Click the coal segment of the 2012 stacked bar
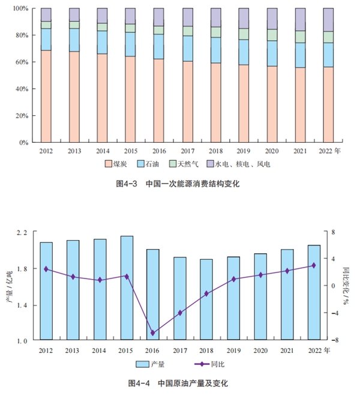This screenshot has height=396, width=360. pos(46,96)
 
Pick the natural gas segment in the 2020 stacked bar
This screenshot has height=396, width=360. pos(272,35)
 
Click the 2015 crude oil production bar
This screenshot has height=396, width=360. pos(127,288)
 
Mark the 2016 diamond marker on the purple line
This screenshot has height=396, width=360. pos(152,332)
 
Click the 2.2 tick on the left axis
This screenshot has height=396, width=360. pos(20,232)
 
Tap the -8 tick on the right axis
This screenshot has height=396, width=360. pos(334,340)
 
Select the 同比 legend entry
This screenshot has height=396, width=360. pos(209,364)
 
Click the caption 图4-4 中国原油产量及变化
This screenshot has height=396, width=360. pos(178,382)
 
